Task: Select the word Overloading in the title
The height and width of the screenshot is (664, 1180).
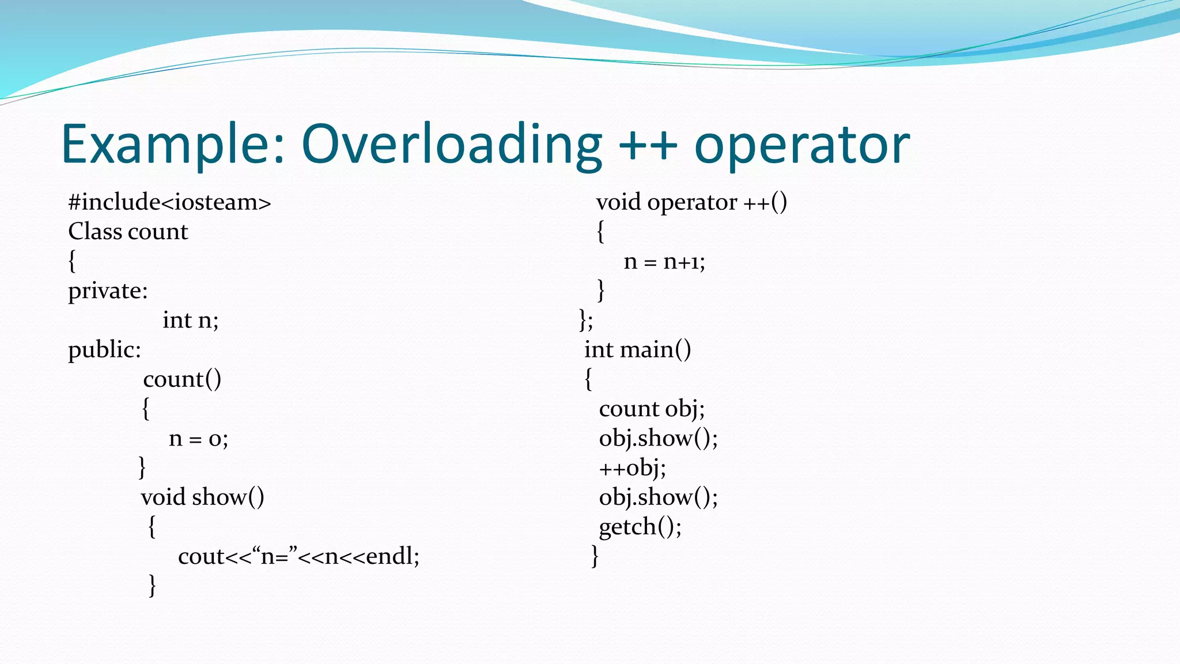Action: click(x=452, y=145)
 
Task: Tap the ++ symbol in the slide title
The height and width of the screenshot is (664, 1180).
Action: click(x=648, y=145)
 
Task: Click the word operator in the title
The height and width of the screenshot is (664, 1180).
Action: click(x=802, y=145)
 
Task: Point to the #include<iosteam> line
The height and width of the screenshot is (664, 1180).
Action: click(x=169, y=202)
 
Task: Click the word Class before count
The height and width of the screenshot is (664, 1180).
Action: click(x=95, y=232)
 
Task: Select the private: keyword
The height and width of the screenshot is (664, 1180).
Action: click(x=108, y=290)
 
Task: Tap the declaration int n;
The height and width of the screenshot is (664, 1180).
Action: click(x=190, y=320)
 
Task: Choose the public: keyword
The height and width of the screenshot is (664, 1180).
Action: click(x=104, y=350)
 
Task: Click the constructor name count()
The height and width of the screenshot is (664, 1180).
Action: click(x=182, y=379)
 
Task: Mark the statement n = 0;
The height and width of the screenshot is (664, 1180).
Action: click(x=198, y=439)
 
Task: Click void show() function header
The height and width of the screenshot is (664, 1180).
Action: click(x=202, y=497)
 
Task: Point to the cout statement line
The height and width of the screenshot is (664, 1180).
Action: click(x=298, y=556)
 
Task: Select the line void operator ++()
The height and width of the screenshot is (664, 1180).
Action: click(x=691, y=202)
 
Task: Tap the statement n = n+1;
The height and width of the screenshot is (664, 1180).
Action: click(x=664, y=262)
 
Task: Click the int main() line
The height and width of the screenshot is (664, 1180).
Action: click(x=637, y=350)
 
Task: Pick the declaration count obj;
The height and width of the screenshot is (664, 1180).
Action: click(x=652, y=409)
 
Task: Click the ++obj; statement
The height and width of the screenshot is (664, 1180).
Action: click(x=632, y=467)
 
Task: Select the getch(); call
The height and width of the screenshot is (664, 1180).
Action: click(x=640, y=527)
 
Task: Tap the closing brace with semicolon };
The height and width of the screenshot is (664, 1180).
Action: click(x=586, y=320)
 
